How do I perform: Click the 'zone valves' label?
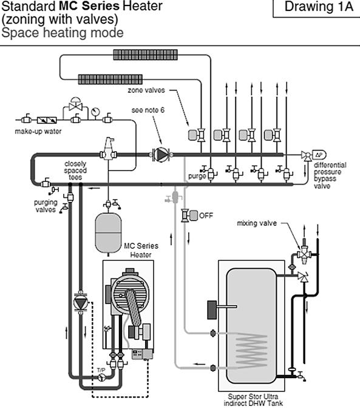(146, 90)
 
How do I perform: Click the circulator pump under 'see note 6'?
(160, 155)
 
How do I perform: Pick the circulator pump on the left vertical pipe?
(80, 302)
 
